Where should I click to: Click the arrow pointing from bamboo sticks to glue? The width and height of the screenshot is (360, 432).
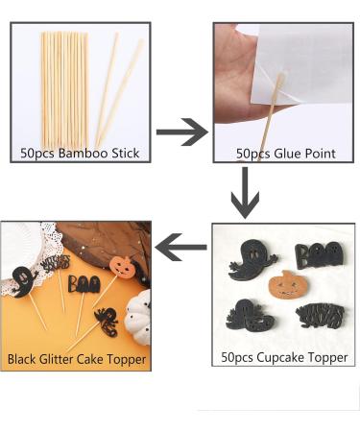(x=181, y=132)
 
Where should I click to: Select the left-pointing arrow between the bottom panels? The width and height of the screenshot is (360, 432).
(x=181, y=252)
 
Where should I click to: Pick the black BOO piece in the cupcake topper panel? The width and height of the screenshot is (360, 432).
(x=316, y=255)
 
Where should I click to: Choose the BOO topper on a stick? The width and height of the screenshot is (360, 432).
(x=84, y=284)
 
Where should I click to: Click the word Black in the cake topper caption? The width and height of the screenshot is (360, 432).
(x=25, y=360)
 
